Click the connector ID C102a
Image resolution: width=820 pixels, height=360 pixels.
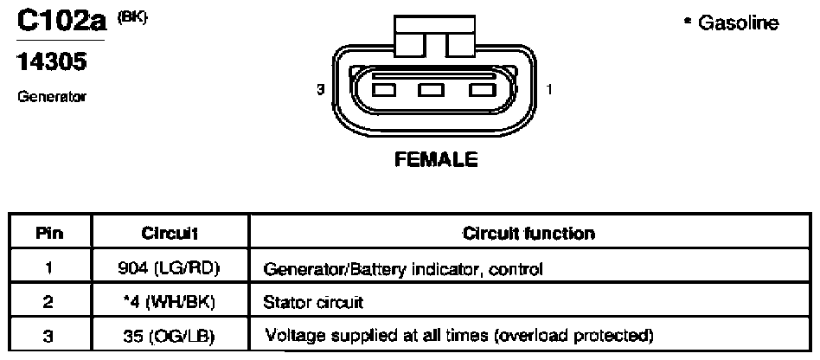click(61, 22)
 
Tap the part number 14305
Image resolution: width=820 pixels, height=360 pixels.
click(51, 62)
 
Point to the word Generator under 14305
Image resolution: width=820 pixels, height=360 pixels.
click(51, 97)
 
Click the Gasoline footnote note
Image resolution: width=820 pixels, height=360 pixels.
click(732, 23)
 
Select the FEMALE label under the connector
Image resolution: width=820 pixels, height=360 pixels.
click(436, 158)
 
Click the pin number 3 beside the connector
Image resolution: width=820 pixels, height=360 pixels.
click(320, 89)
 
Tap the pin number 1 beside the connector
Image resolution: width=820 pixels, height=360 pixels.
click(548, 89)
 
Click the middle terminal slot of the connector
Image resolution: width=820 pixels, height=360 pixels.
click(432, 90)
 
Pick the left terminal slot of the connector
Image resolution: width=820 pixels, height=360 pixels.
click(384, 90)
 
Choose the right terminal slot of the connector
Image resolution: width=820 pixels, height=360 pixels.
click(482, 90)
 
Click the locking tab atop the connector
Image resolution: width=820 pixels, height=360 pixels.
click(436, 36)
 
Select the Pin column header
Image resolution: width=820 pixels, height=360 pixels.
click(49, 233)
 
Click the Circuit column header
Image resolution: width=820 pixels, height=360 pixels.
click(170, 233)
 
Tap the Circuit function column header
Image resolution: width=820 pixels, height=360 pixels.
click(529, 233)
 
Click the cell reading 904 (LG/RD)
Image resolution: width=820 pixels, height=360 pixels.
click(168, 268)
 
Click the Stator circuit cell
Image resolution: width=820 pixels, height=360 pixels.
click(313, 302)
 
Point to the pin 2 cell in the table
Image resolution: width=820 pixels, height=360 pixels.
click(48, 302)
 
